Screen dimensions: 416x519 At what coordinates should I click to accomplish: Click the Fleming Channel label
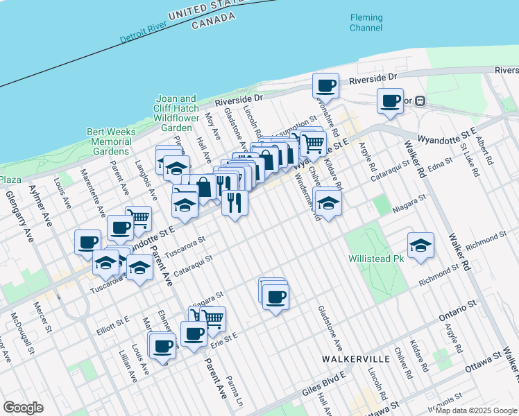tap(366, 22)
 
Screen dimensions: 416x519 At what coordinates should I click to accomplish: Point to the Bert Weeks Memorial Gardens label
tap(108, 141)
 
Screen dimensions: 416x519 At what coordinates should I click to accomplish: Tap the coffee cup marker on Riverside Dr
tap(325, 87)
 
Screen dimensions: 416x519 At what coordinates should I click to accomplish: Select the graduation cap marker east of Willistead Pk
tap(420, 246)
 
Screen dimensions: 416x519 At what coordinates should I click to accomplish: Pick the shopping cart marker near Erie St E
tap(213, 320)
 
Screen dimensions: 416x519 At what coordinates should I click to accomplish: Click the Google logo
tap(23, 407)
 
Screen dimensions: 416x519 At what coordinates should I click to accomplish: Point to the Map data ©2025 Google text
tap(476, 410)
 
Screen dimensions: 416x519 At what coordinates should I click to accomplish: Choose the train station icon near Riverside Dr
tap(419, 101)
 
